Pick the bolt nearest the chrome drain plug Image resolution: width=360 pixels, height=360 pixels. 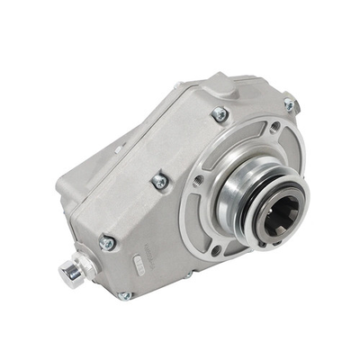[107, 242]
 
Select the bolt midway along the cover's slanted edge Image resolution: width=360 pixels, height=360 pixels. [159, 181]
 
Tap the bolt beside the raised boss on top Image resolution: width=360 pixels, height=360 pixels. [219, 114]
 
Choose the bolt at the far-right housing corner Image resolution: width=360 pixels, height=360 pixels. [290, 105]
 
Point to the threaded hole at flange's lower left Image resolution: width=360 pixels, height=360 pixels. [216, 249]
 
